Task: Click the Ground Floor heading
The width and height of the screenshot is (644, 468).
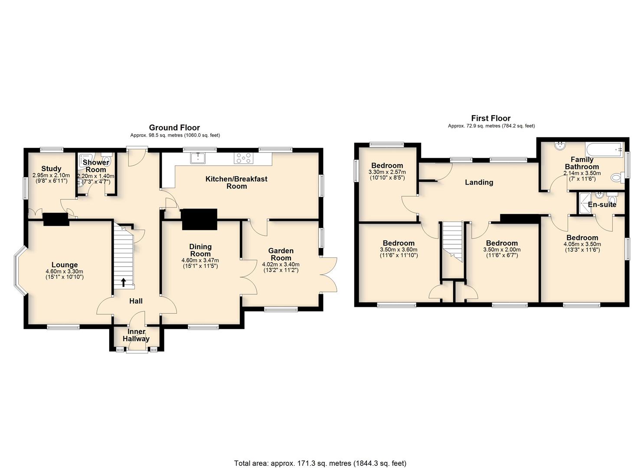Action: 174,127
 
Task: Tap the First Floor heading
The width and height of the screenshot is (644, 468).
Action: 491,118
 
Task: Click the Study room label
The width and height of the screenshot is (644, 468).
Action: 51,169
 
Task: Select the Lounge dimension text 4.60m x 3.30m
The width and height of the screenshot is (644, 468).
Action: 64,272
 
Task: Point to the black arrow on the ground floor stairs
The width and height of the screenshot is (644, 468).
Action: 123,282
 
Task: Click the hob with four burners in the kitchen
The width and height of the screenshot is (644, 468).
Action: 244,158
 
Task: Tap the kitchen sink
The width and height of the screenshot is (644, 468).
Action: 198,157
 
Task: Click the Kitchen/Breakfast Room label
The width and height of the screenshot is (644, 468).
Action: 236,182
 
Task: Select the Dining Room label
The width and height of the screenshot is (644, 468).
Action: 200,250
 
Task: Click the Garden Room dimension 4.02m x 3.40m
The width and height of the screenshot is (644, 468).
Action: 281,264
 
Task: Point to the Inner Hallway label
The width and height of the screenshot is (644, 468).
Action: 136,335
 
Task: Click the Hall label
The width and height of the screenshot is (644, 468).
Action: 136,301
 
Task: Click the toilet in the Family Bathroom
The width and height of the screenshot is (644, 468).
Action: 617,178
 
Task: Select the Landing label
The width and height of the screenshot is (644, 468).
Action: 479,182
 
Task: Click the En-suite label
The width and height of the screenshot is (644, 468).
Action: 602,205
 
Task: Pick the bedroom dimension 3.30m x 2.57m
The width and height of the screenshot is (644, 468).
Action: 387,172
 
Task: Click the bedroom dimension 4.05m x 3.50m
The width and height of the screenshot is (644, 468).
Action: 582,244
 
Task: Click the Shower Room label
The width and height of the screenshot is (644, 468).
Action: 96,166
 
